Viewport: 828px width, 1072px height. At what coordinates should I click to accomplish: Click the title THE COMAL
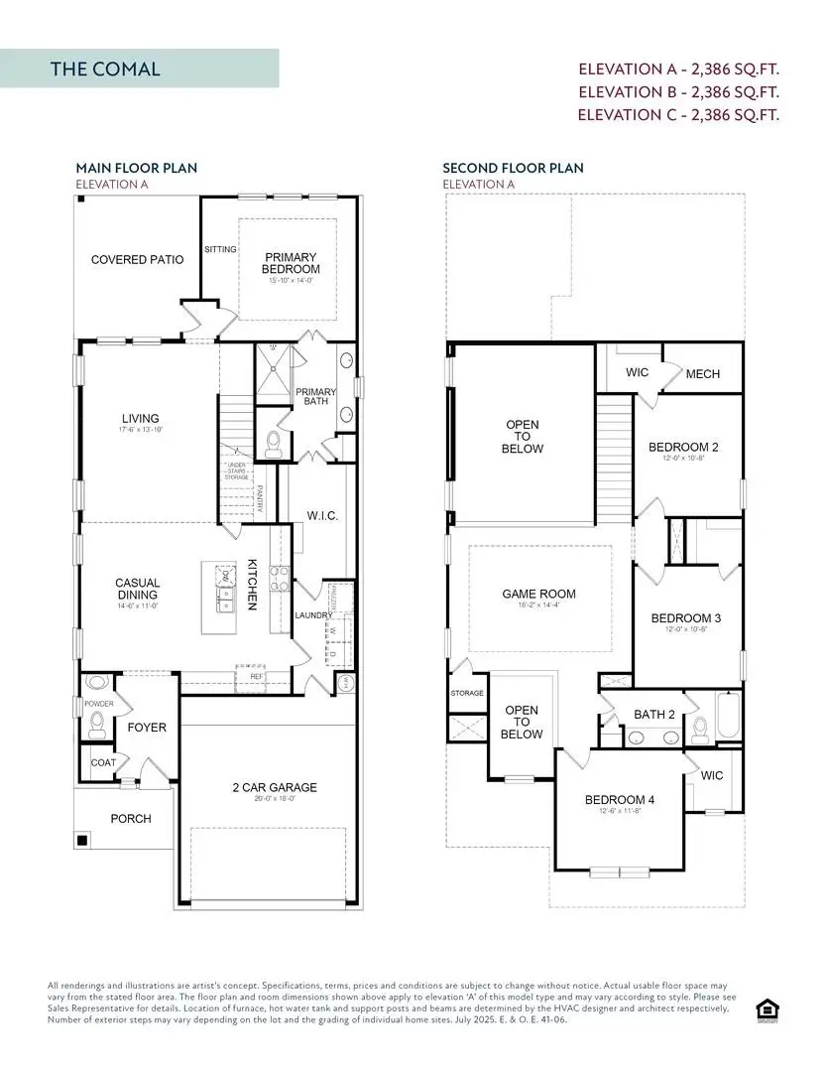[x=105, y=69]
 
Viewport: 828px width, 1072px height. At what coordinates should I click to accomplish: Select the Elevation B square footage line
[x=679, y=92]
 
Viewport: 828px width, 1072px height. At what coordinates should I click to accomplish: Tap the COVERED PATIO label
[x=137, y=260]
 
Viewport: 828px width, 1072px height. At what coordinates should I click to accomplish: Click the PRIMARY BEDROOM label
[x=291, y=263]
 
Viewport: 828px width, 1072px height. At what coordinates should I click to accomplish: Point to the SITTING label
[x=220, y=249]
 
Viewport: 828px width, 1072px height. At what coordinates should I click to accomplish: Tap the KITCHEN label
[x=253, y=583]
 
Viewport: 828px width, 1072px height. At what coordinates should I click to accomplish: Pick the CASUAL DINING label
[x=138, y=590]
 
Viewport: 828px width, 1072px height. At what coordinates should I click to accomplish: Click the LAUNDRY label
[x=313, y=615]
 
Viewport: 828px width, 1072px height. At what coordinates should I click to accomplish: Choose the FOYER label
[x=147, y=728]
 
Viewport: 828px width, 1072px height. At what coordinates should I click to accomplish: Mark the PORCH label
[x=131, y=819]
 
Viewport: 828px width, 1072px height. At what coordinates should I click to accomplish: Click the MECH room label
[x=703, y=374]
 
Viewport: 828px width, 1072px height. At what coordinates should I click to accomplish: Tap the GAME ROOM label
[x=538, y=595]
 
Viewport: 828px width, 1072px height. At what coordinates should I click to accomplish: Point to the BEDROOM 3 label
[x=685, y=618]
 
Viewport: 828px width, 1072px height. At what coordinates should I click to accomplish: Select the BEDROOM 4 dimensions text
[x=619, y=812]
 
